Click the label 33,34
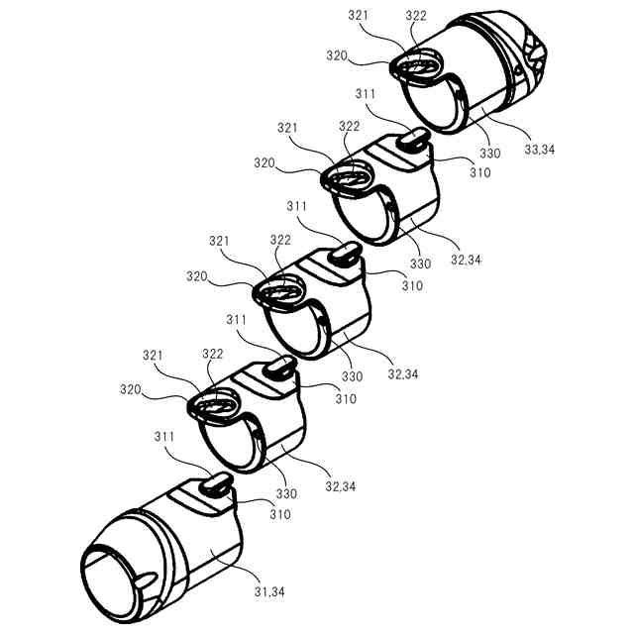click(539, 150)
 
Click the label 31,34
click(268, 591)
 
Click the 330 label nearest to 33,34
click(489, 154)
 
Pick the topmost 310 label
click(478, 171)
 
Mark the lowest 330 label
click(285, 492)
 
